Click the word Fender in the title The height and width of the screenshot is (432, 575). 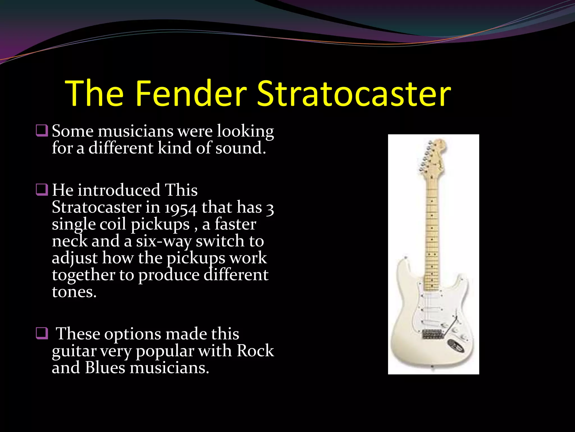pyautogui.click(x=191, y=93)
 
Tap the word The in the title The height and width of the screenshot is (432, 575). pyautogui.click(x=94, y=93)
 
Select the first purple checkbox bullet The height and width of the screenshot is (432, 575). pyautogui.click(x=42, y=131)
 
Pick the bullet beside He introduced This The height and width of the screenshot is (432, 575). pyautogui.click(x=42, y=190)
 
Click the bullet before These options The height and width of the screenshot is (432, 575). pyautogui.click(x=42, y=334)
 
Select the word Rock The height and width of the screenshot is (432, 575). pyautogui.click(x=255, y=351)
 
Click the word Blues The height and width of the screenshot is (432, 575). pyautogui.click(x=105, y=368)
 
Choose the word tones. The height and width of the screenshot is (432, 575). pyautogui.click(x=74, y=292)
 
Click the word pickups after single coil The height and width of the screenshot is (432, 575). pyautogui.click(x=160, y=224)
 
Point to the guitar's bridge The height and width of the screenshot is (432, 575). pyautogui.click(x=432, y=334)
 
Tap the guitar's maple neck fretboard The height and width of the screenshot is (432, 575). pyautogui.click(x=432, y=233)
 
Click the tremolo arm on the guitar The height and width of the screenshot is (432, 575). pyautogui.click(x=451, y=326)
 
